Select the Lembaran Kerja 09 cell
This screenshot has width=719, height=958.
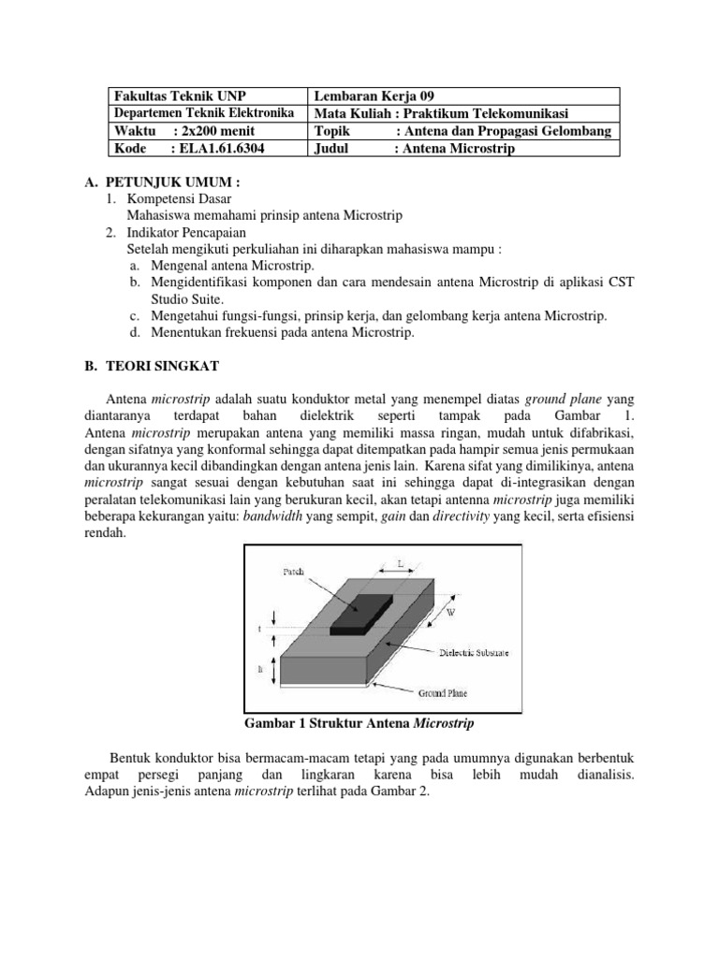tap(375, 96)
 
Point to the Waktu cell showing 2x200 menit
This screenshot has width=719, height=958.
tap(184, 131)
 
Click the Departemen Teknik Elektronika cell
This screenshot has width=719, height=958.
tap(204, 113)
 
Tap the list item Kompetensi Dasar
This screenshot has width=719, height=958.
tap(181, 198)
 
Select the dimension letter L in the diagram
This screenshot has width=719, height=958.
tap(399, 565)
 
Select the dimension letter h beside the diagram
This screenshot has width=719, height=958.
tap(260, 670)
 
